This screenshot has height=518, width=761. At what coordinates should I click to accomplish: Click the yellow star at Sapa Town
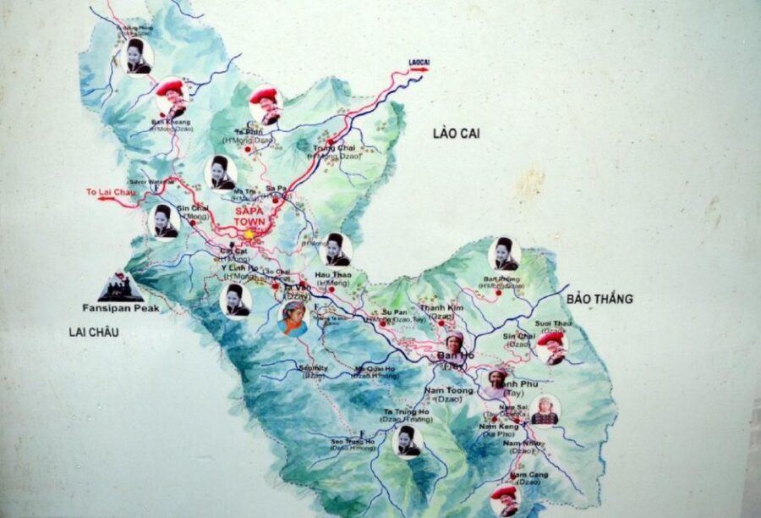249,234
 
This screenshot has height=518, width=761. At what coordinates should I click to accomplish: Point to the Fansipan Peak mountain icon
120,288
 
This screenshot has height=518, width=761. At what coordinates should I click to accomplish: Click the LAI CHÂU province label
94,333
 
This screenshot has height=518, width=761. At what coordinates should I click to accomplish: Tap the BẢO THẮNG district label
599,299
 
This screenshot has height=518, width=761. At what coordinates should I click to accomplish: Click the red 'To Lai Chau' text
111,192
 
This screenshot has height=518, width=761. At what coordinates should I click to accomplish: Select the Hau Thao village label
331,274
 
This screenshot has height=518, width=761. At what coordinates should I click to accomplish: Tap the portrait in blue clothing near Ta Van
293,318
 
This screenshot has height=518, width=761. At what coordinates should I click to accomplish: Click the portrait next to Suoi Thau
552,346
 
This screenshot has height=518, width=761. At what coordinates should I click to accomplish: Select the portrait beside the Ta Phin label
266,105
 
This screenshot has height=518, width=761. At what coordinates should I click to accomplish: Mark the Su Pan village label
395,311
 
